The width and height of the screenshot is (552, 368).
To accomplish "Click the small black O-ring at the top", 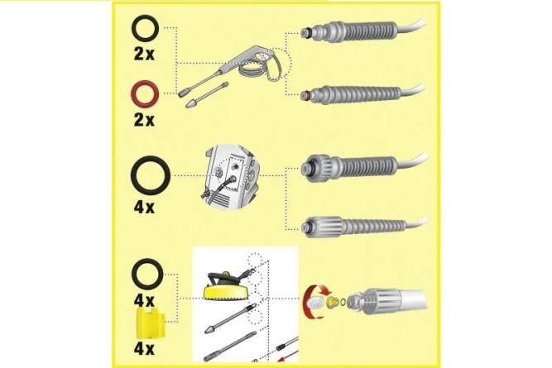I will pos(144,31).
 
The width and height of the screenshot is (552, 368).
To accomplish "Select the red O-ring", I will pos(144,92).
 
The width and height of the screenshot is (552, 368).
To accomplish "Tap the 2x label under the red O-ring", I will pos(144,119).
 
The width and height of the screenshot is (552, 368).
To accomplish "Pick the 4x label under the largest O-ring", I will pos(144,206).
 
